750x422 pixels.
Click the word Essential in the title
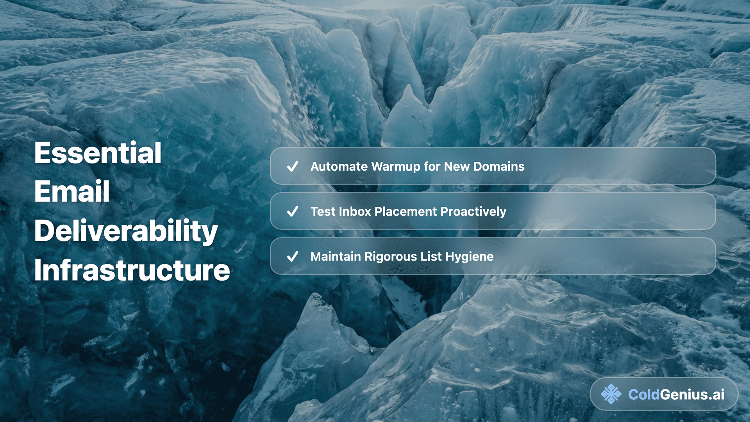(98, 153)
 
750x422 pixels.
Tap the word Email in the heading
(72, 191)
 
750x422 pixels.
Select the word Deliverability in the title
(126, 231)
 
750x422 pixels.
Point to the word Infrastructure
(132, 270)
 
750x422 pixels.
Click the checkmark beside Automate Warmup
(293, 166)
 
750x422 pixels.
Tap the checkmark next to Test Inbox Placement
(293, 211)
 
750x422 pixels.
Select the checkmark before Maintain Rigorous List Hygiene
(293, 256)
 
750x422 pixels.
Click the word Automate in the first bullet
(339, 166)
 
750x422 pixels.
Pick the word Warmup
(396, 167)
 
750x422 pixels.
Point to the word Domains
(499, 166)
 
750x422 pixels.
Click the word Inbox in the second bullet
(355, 211)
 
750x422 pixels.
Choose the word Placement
(405, 211)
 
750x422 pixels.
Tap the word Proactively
(473, 212)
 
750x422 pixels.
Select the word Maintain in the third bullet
(336, 256)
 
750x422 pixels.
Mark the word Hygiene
(470, 257)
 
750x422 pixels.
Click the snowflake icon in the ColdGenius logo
(611, 394)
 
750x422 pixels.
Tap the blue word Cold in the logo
(644, 394)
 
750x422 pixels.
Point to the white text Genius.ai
(692, 394)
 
